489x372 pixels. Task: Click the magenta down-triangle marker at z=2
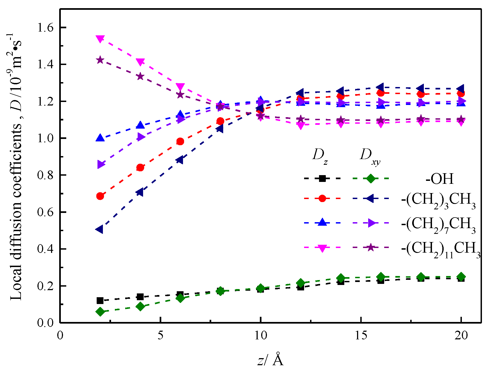100,39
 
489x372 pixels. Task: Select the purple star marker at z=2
100,60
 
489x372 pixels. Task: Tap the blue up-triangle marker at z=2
100,138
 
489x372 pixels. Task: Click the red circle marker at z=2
100,196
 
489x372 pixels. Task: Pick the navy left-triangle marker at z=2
100,229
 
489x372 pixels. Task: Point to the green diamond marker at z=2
100,312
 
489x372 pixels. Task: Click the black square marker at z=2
100,300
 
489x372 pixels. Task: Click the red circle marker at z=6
180,141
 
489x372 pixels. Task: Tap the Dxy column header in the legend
370,156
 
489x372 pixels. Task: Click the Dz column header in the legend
320,156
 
